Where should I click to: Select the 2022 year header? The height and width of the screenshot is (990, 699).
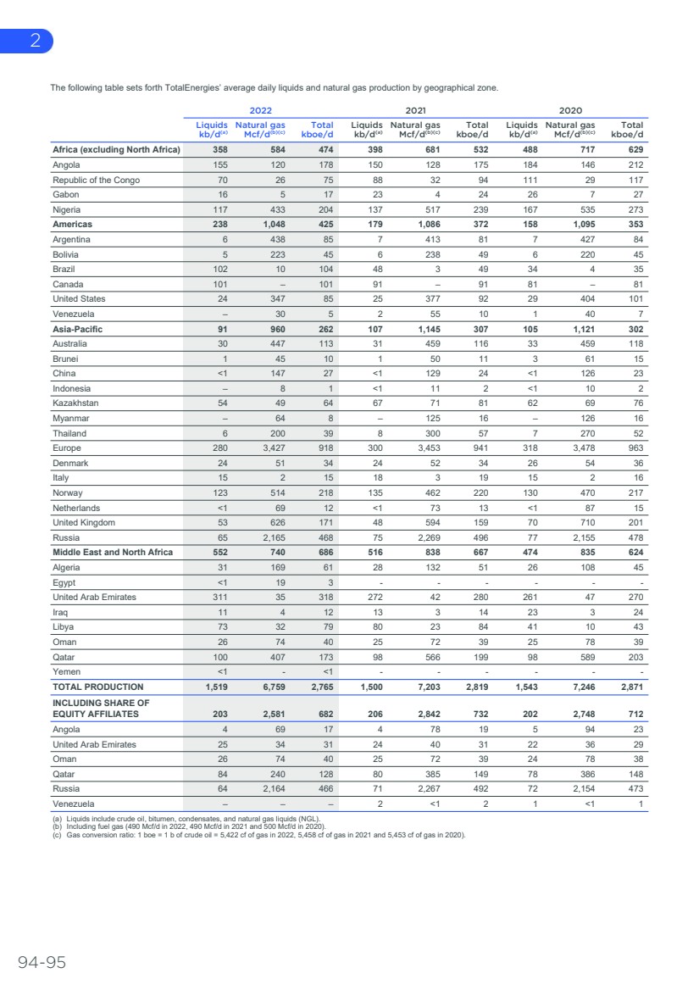[261, 109]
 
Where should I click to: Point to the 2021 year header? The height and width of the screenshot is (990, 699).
[415, 109]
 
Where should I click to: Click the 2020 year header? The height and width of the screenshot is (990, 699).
[569, 109]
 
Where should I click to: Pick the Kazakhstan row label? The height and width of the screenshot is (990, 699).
[75, 403]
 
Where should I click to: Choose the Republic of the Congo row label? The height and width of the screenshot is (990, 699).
[96, 181]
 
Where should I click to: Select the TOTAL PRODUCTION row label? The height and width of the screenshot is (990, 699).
[98, 687]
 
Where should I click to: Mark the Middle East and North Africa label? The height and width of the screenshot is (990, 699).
[113, 552]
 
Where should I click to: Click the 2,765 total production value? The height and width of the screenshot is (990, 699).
[324, 687]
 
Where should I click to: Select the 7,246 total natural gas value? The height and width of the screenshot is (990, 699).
[580, 687]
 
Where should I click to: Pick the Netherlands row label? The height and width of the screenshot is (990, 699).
[77, 507]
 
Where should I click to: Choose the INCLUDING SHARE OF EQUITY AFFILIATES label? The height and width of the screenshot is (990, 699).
[101, 708]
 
